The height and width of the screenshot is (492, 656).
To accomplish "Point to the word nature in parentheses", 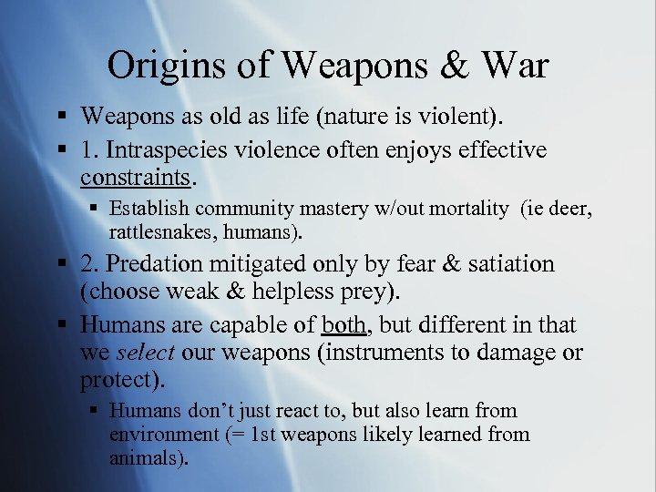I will (x=319, y=117).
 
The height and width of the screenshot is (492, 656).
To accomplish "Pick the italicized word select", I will (x=146, y=352).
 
